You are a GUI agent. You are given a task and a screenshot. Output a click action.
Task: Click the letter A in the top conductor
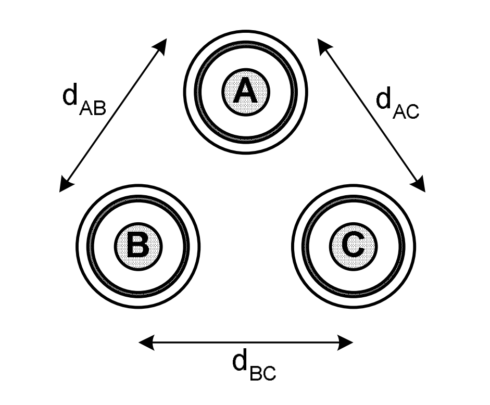(x=245, y=92)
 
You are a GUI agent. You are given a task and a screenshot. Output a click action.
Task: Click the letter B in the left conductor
(x=138, y=246)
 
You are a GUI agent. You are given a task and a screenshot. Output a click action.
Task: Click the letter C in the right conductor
(x=353, y=245)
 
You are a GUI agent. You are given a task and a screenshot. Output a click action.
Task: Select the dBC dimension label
(x=254, y=364)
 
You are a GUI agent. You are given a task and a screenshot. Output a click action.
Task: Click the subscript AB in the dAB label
(x=94, y=108)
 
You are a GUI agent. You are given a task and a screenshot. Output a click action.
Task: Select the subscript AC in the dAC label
(x=407, y=112)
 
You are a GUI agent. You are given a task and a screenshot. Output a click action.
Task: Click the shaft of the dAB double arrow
(x=113, y=115)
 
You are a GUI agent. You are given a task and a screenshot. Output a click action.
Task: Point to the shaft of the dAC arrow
(x=372, y=115)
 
